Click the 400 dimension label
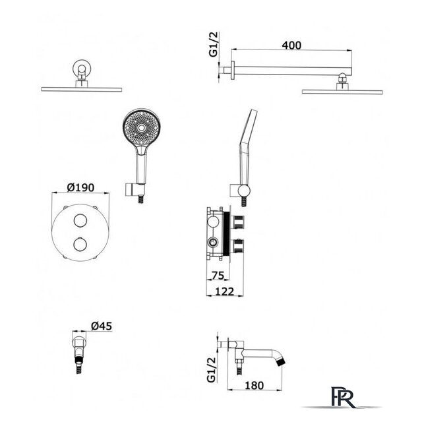291,45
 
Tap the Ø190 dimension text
80,187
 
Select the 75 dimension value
218,276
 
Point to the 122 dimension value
225,291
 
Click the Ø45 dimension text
102,326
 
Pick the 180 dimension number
254,385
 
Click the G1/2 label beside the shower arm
214,44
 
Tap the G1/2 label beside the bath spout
212,369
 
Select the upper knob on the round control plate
80,221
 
